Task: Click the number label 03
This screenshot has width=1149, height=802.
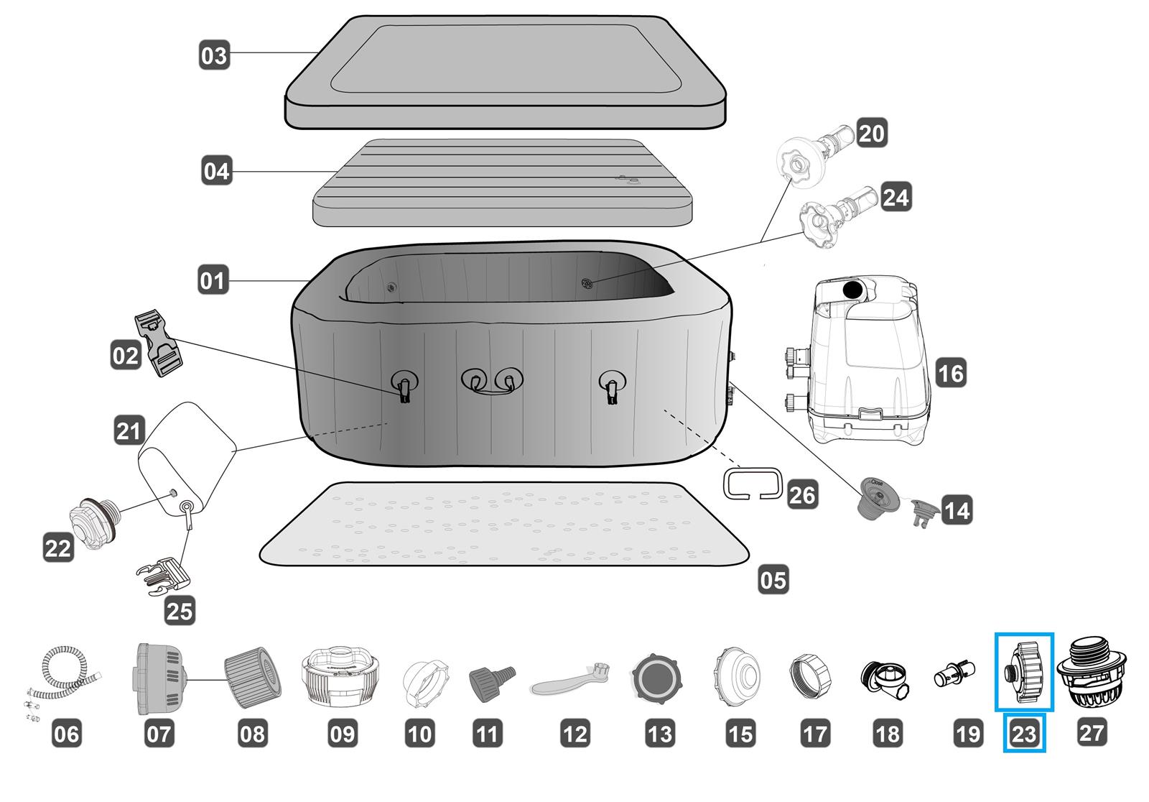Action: tap(213, 55)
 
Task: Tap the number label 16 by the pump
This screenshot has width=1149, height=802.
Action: tap(951, 374)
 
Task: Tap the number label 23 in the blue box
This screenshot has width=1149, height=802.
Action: tap(1024, 734)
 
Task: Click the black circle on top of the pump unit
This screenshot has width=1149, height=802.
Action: tap(852, 290)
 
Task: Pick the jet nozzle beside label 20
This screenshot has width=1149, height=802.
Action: tap(816, 152)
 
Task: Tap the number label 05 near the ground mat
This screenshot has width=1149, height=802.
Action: tap(773, 579)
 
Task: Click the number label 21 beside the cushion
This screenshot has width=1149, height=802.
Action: tap(129, 431)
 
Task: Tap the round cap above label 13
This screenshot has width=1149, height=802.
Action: tap(657, 678)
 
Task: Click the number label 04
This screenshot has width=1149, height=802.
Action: tap(216, 172)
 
